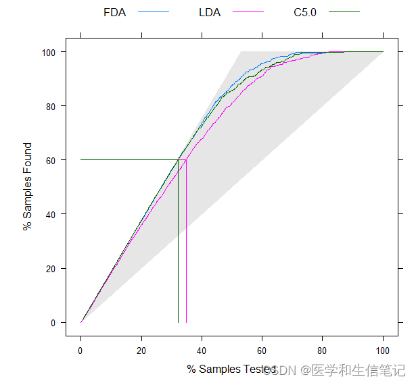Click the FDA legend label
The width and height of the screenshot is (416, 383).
(114, 12)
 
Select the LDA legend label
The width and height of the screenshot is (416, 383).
(210, 12)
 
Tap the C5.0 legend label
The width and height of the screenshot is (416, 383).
(304, 12)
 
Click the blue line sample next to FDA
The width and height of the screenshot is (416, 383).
(153, 12)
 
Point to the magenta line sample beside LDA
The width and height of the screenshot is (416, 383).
(248, 12)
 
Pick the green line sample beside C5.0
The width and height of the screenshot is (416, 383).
(344, 12)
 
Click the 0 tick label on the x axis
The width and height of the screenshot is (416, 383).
(81, 351)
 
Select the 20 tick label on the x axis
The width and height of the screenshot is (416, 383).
(141, 351)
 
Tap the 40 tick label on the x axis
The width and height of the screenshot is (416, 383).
(202, 351)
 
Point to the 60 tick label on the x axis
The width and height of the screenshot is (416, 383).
(262, 351)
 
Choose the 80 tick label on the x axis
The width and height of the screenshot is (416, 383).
(323, 351)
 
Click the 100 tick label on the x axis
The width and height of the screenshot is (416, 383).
(383, 351)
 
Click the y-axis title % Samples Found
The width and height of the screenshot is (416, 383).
(28, 186)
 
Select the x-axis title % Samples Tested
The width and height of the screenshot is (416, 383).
(231, 369)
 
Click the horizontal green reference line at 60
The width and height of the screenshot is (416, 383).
(129, 160)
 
